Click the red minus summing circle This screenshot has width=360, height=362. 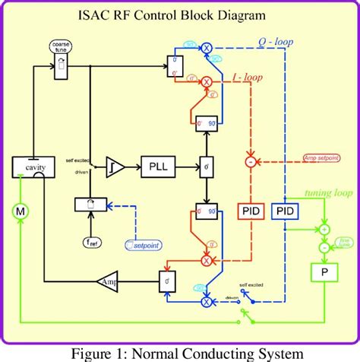coord(251,161)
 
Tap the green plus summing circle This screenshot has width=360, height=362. coord(324,229)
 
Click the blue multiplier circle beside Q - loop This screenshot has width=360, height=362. coord(205,47)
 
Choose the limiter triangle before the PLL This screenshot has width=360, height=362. coord(115,165)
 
